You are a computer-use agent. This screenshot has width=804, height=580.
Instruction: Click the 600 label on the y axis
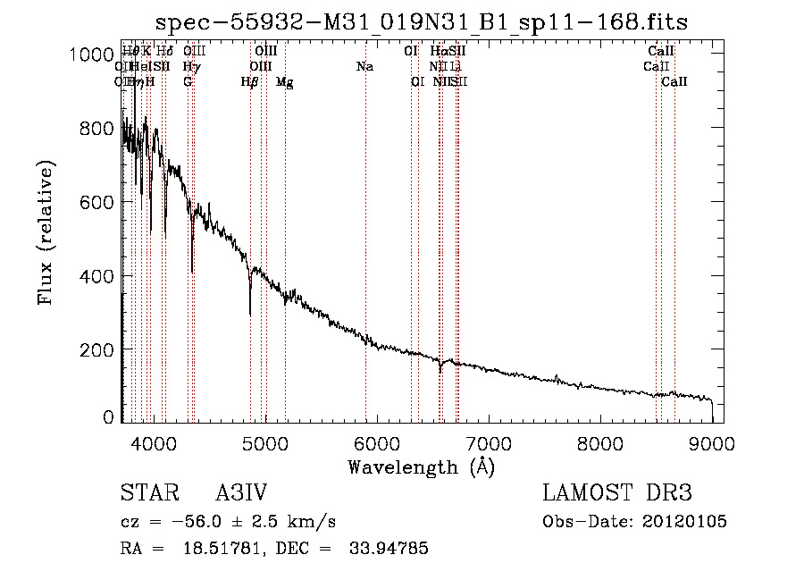coord(97,202)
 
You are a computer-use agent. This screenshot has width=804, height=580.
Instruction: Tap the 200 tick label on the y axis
coord(97,349)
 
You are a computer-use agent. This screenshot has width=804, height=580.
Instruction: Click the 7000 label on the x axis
coord(488,442)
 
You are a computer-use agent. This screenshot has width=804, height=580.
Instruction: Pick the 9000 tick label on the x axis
coord(712,442)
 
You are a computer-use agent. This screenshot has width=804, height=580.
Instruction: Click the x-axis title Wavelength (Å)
coord(421,467)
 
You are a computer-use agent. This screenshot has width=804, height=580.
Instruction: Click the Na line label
coord(364,67)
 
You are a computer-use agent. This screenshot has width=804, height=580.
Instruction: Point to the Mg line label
coord(285,82)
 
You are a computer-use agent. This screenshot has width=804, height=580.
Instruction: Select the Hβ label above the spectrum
coord(249,82)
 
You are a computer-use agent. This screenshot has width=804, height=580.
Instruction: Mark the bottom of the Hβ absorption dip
coord(250,315)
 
